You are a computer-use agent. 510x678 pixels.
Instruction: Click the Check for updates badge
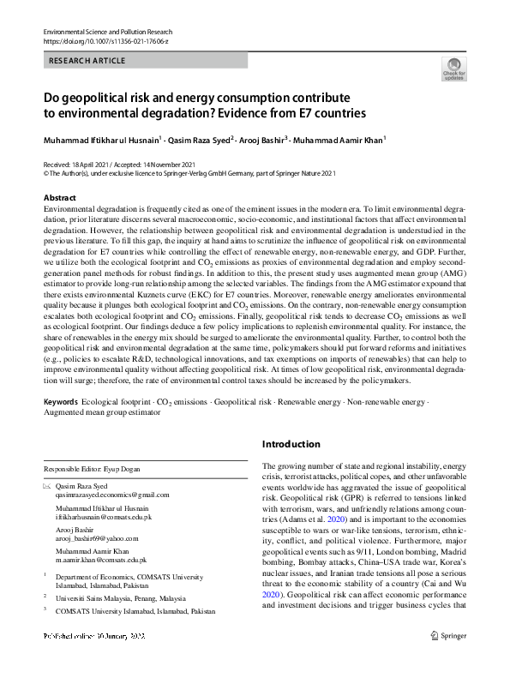tap(453, 69)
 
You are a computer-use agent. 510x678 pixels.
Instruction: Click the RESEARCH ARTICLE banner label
tap(88, 61)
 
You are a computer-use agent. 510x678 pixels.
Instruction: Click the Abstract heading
tap(60, 198)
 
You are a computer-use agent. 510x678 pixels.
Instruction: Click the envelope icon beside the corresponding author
tap(47, 486)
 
